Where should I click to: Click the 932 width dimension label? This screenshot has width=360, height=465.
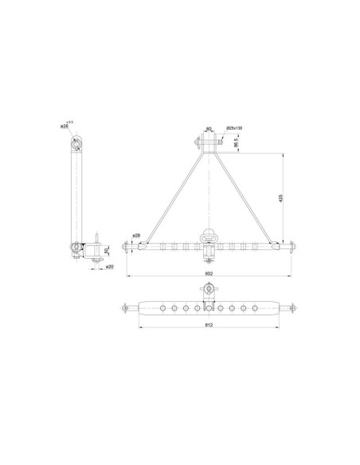(x=209, y=273)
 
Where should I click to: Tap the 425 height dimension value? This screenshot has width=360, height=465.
(x=280, y=198)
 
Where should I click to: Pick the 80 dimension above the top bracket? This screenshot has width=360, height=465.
(x=209, y=128)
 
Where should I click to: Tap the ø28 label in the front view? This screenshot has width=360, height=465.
(x=136, y=236)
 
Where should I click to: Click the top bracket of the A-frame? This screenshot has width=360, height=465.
(x=209, y=144)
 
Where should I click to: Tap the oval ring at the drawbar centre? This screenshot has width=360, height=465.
(x=209, y=236)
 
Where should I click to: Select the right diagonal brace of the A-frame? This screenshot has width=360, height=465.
(x=244, y=195)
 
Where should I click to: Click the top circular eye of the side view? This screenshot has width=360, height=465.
(x=77, y=144)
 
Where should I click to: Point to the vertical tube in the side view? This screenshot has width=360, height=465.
(x=77, y=195)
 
